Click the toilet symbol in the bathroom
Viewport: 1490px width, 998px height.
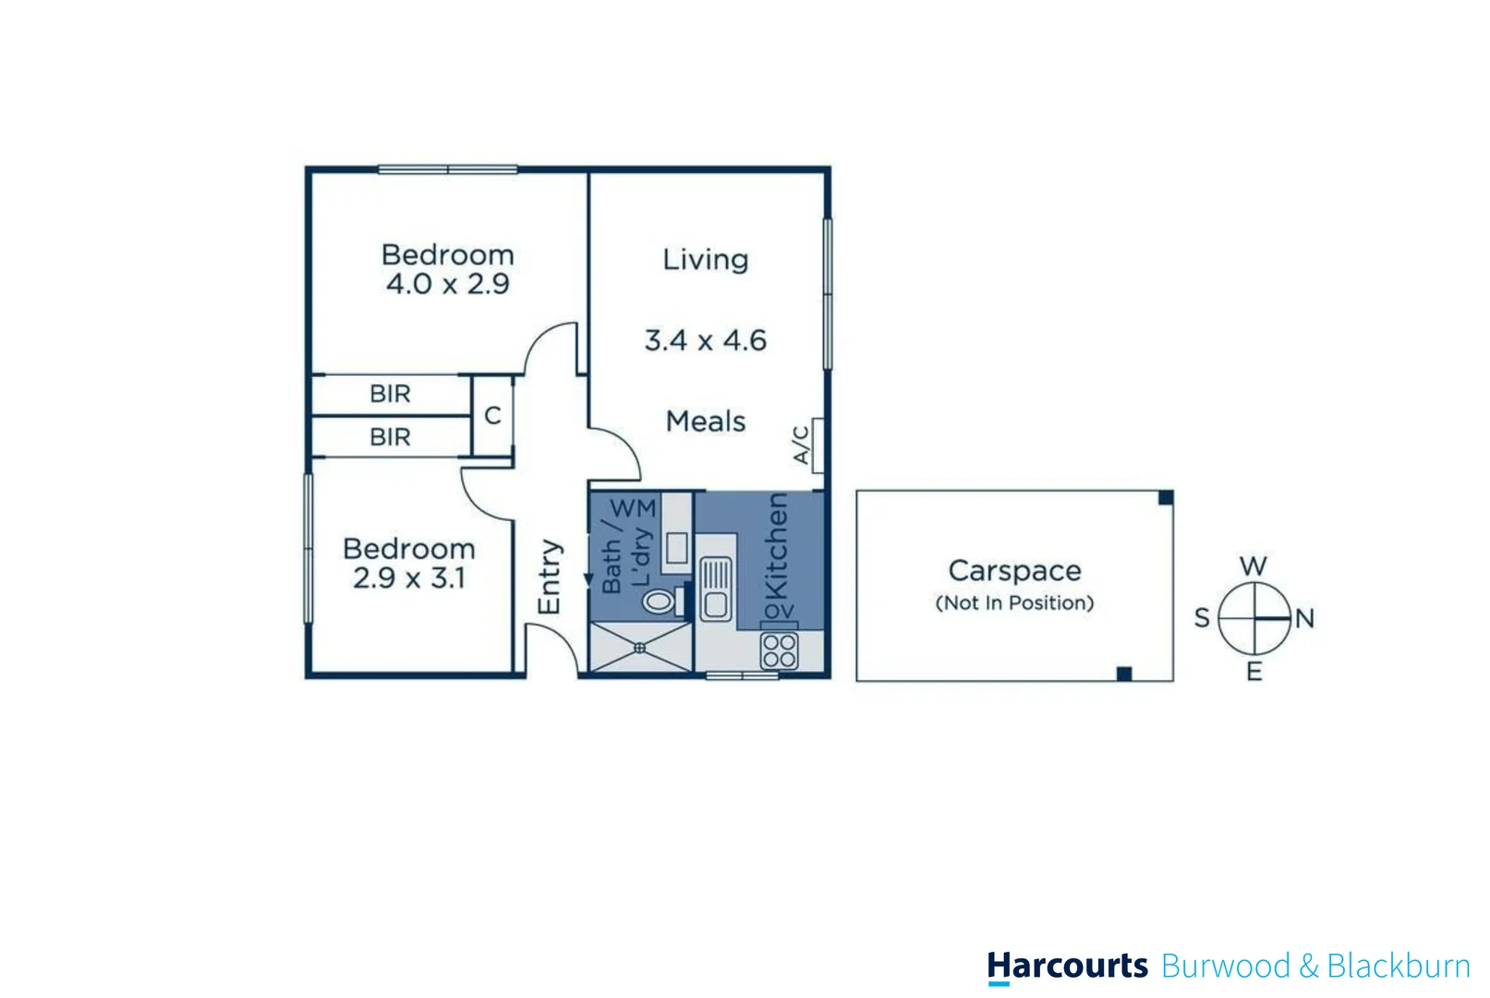pos(658,602)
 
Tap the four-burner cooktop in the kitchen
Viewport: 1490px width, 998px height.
pos(779,651)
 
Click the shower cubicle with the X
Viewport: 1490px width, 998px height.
pos(639,648)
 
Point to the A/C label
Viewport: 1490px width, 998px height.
pos(802,444)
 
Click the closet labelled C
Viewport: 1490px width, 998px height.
pos(492,416)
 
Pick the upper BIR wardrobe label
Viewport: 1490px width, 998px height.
pos(390,395)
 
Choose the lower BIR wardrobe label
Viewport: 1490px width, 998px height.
pos(390,437)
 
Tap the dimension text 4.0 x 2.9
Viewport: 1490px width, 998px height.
pos(447,284)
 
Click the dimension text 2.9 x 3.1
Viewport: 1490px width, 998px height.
pos(408,578)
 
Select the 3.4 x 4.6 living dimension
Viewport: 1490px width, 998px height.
pos(705,341)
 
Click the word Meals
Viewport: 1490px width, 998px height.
pos(705,422)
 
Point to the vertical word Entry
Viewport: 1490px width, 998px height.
pos(549,577)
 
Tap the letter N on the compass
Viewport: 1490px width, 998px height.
pos(1304,618)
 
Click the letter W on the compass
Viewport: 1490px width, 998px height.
pos(1253,566)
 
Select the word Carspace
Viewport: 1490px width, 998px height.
pos(1014,571)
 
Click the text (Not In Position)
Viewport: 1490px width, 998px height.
pos(1014,603)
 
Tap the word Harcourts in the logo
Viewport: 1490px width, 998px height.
pos(1067,966)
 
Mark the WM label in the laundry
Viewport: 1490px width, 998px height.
pos(633,508)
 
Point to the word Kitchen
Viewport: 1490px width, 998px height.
pos(777,545)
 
